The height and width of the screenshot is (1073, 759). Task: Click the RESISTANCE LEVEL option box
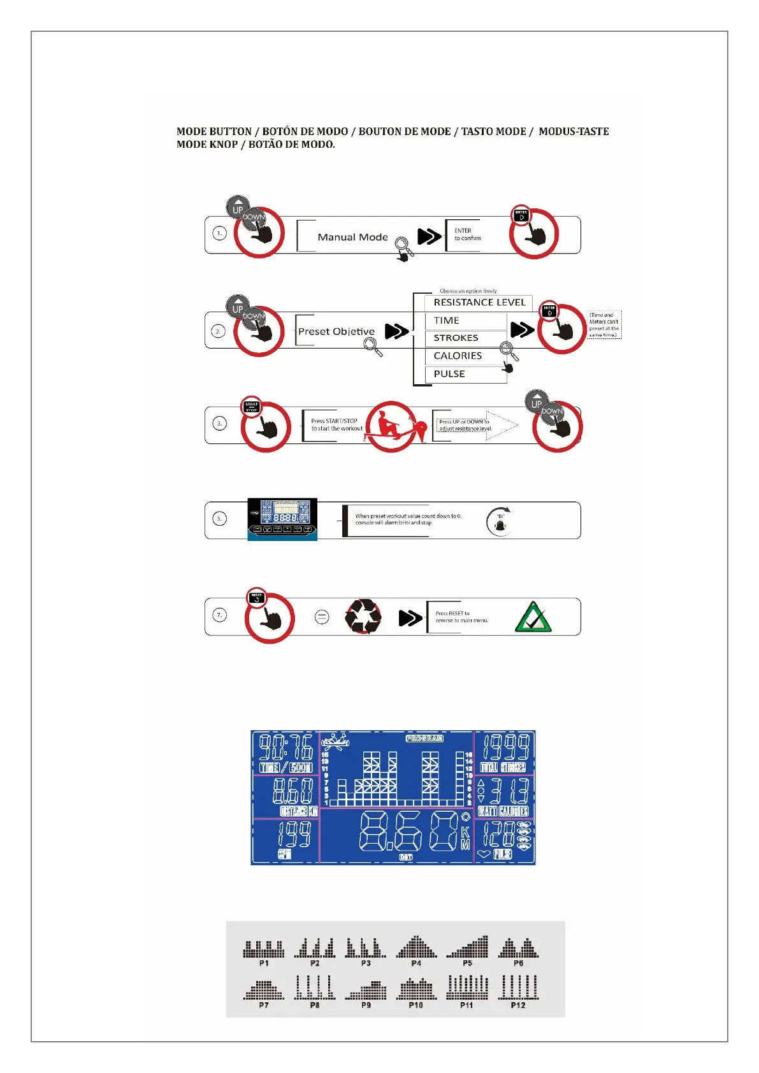click(x=479, y=303)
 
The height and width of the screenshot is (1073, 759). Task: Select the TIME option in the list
click(x=465, y=320)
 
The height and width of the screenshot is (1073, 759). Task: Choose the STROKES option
click(x=465, y=338)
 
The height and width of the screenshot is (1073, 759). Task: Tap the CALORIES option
click(x=465, y=356)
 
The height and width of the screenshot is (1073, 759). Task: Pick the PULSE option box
click(x=465, y=374)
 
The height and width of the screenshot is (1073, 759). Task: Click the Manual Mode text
click(x=352, y=237)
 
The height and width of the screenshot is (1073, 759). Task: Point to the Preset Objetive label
click(x=336, y=331)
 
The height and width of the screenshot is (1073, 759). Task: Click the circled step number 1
click(x=219, y=233)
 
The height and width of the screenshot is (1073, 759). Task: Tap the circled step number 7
click(x=219, y=615)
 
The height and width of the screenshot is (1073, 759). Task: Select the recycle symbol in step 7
click(x=363, y=616)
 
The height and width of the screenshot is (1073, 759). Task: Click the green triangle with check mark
click(x=533, y=617)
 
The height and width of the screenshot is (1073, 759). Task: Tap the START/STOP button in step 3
click(x=252, y=406)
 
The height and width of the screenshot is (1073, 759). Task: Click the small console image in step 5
click(x=282, y=519)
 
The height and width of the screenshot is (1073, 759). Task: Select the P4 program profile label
click(x=416, y=963)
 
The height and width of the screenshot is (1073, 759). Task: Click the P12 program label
click(x=518, y=1005)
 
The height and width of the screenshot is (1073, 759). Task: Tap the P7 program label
click(x=264, y=1005)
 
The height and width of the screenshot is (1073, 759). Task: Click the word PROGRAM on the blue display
click(x=424, y=738)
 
